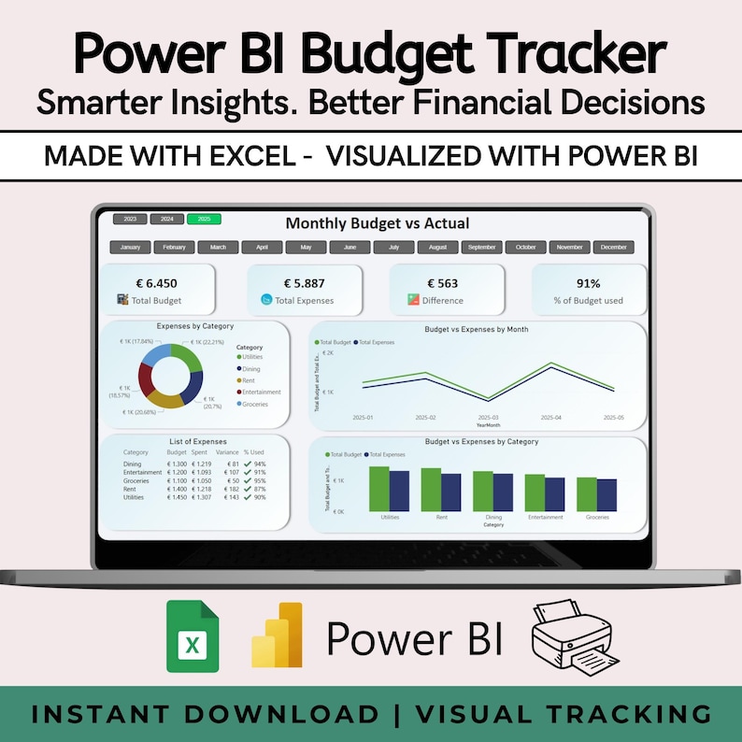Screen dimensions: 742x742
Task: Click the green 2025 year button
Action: (204, 219)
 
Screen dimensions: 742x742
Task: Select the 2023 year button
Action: (129, 219)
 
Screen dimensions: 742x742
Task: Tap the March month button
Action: (218, 248)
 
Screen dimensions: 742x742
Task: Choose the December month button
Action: (614, 248)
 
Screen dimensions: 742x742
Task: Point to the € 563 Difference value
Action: (444, 283)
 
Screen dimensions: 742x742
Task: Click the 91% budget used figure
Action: (589, 283)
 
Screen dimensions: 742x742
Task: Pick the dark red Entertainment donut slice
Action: (146, 378)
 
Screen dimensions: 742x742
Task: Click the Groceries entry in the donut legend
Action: (255, 404)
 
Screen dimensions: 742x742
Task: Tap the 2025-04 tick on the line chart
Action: (551, 418)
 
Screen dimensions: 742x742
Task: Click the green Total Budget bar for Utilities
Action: (378, 488)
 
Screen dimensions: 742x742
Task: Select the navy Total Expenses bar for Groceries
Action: (606, 494)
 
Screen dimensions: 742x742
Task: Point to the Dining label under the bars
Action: (493, 517)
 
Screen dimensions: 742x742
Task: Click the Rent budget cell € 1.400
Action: (177, 490)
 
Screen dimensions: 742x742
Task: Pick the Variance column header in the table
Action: (226, 451)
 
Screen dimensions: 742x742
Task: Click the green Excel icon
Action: (193, 637)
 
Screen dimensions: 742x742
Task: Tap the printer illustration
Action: (569, 640)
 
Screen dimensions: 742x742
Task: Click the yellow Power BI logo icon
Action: (277, 635)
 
